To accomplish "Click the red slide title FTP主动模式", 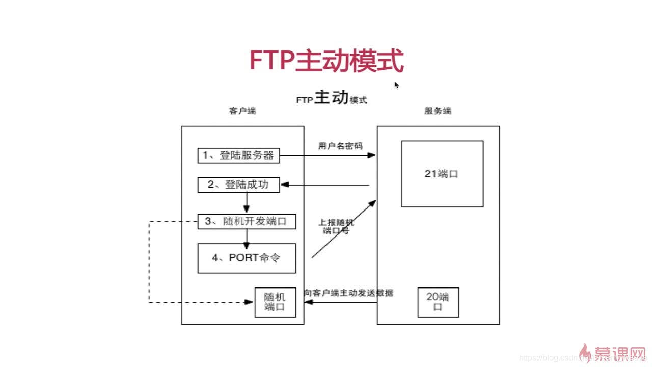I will pos(326,61).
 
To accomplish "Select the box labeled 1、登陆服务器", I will pos(238,155).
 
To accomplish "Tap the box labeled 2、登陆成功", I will pos(238,185).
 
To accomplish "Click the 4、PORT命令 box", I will pos(247,258).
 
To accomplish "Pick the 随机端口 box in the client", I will pos(275,302).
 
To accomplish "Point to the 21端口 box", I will pos(442,174).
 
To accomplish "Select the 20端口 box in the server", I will pos(438,302).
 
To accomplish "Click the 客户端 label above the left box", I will pos(242,111).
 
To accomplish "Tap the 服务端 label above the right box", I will pos(438,111).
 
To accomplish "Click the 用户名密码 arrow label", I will pos(340,146).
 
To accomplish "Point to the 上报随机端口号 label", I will pos(336,226).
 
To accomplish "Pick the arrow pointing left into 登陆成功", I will pos(326,185).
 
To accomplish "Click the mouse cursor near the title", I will pos(396,84).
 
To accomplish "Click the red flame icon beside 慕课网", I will pos(586,352).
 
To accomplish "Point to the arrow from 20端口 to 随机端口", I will pos(340,303).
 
